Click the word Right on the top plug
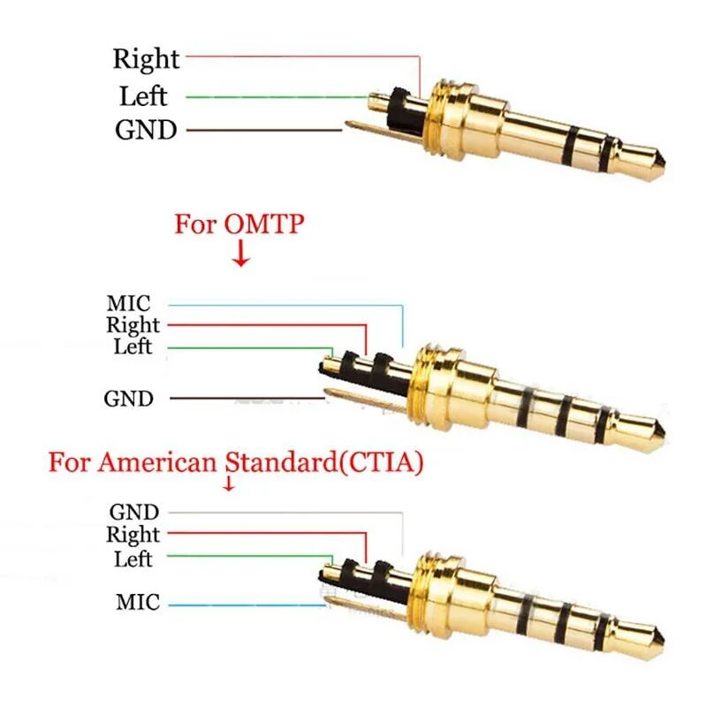146,59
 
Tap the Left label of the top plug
142,95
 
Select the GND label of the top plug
146,131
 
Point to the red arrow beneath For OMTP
240,257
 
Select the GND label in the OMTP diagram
128,399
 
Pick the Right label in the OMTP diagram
133,325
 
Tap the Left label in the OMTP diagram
133,346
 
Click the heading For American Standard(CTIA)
235,462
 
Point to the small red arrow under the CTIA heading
229,484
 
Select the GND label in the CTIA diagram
134,512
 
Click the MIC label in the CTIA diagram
138,604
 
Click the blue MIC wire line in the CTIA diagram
247,605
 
